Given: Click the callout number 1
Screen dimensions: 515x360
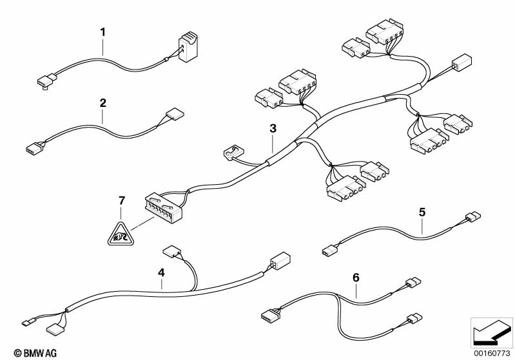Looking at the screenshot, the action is [x=102, y=32].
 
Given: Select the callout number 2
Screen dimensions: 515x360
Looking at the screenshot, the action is [x=102, y=103].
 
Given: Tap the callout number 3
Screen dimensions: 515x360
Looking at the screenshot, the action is [x=273, y=129].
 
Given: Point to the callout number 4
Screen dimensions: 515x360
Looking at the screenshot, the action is [x=161, y=272].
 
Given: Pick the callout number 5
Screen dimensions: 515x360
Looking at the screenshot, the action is [x=422, y=213].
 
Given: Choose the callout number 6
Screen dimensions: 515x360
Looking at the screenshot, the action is [x=356, y=278].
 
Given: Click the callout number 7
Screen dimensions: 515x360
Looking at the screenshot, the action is [x=122, y=200].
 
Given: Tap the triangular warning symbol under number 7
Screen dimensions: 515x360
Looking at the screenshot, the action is [x=121, y=234].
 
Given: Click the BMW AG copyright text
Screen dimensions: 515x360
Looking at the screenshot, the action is [x=35, y=353].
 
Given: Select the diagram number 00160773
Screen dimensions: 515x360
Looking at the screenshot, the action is [x=492, y=353].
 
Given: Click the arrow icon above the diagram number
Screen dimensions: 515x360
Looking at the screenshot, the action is [x=491, y=333].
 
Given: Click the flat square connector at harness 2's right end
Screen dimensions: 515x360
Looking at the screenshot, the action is [x=175, y=114].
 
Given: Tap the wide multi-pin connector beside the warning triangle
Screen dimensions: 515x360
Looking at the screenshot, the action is [x=164, y=207].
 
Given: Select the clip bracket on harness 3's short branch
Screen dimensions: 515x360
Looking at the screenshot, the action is [x=234, y=151].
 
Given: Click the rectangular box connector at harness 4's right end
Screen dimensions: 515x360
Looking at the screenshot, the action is [x=280, y=261].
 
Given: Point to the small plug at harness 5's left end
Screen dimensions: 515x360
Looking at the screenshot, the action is [x=329, y=252].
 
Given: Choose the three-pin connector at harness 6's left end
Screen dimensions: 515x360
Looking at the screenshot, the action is [x=270, y=316].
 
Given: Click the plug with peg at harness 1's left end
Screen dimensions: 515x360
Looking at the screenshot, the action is [x=47, y=81].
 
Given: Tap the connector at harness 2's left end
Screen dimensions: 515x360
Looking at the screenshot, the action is [x=35, y=147].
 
